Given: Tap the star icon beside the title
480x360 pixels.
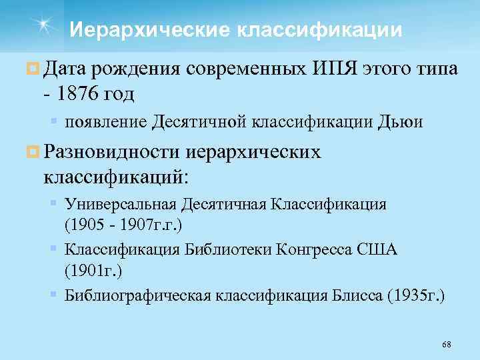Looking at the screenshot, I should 44,25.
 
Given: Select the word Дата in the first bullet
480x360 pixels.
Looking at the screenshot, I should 66,69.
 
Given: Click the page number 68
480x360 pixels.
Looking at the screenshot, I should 447,344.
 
